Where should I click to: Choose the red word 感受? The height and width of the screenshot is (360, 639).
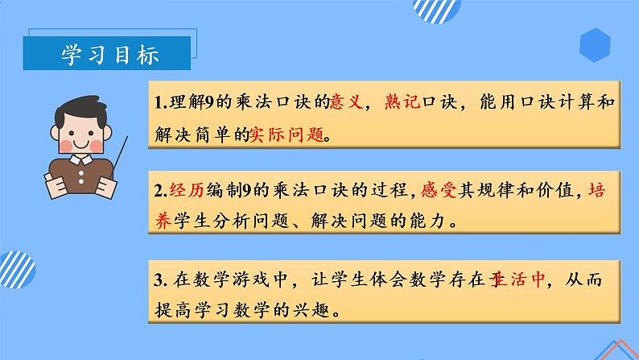pos(446,192)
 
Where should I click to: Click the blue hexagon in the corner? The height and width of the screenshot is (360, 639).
pos(596,45)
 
